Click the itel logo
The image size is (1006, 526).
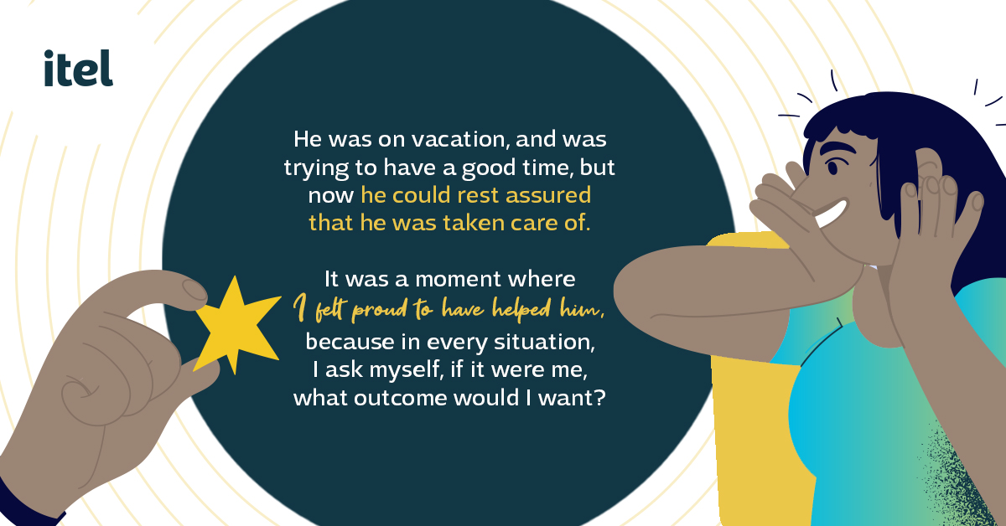click(x=78, y=68)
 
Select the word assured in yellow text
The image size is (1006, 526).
click(x=548, y=195)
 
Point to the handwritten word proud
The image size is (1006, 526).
click(x=380, y=309)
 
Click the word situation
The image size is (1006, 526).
click(x=544, y=342)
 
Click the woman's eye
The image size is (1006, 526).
click(x=833, y=168)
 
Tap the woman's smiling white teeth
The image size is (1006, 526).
click(x=831, y=214)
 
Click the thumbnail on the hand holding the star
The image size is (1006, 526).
click(x=194, y=290)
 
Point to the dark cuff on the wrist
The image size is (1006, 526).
click(x=27, y=505)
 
